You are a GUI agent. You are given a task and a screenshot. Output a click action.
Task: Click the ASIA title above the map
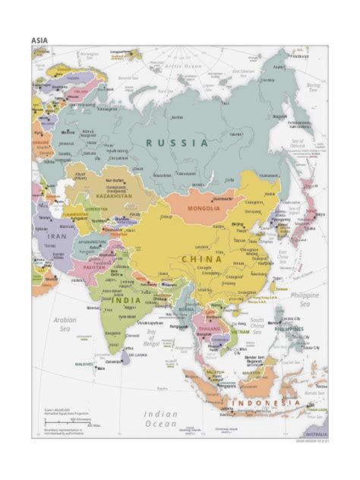coord(39,39)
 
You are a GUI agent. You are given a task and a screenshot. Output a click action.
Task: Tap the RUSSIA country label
coord(177,143)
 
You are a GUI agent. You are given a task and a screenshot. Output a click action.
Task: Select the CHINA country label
coord(201,259)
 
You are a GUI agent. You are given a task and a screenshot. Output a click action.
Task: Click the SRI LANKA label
coord(137,355)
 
